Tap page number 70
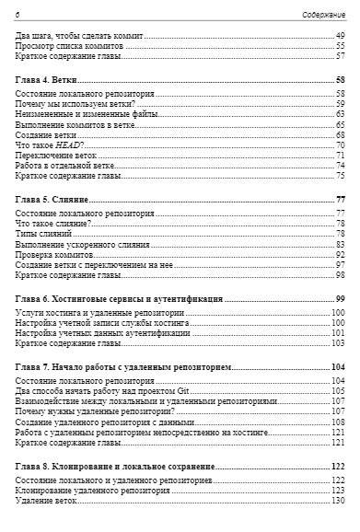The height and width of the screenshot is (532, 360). pos(340,145)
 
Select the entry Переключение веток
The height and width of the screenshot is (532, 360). pos(58,156)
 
